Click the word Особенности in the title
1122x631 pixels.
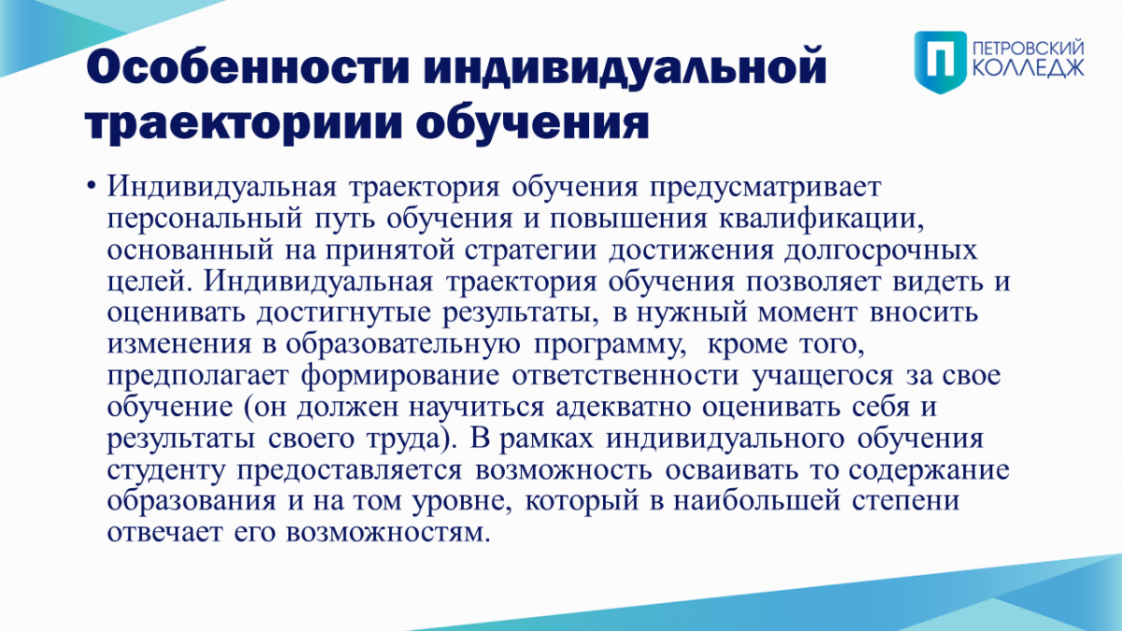249,66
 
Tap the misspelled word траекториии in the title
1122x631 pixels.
244,122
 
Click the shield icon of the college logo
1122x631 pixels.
941,62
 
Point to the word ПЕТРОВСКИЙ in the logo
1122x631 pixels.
1028,49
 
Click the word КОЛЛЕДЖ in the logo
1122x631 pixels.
1028,68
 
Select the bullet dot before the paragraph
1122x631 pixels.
91,186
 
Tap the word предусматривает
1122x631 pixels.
766,188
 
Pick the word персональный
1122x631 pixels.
205,220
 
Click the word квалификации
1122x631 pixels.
821,220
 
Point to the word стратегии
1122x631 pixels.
530,251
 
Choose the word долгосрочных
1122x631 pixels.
881,251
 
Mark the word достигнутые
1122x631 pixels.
344,313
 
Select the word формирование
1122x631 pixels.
400,376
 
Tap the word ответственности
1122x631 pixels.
626,376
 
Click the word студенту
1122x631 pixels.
165,470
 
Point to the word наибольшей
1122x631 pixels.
756,501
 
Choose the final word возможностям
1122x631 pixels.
388,533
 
